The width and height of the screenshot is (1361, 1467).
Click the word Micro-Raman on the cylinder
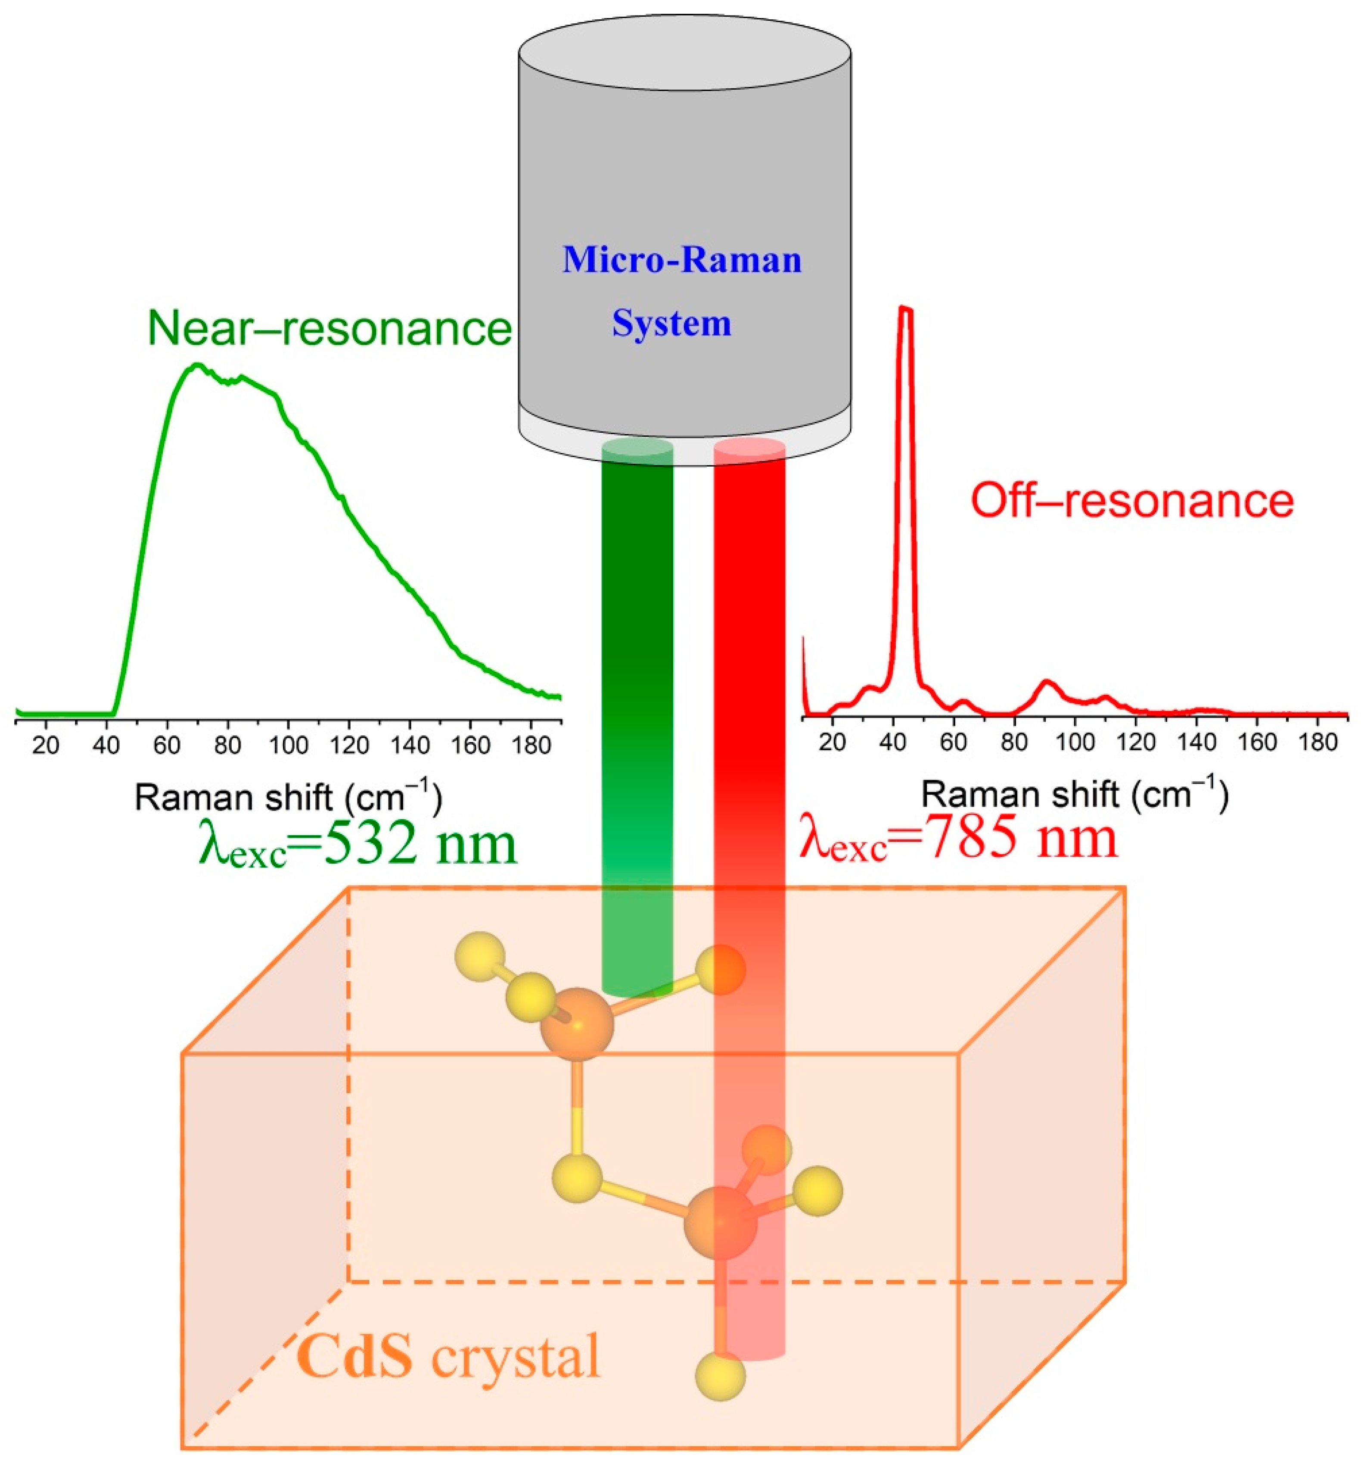(x=682, y=261)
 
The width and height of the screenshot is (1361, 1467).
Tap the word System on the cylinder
(x=671, y=324)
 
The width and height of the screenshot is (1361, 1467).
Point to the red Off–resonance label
(x=1132, y=501)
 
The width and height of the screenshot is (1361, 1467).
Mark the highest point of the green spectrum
(x=197, y=365)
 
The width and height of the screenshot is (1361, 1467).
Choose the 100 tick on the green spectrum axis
(x=288, y=746)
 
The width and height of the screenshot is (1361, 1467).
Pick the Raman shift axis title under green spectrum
(x=289, y=797)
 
